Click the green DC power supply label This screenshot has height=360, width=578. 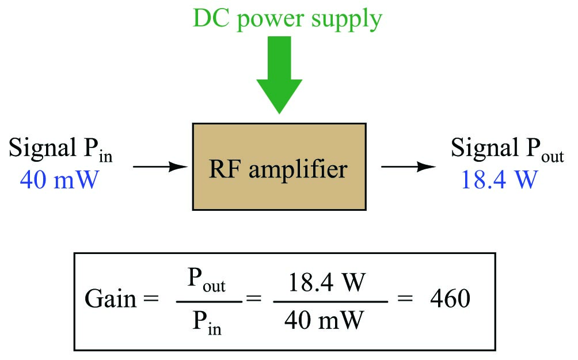tap(287, 20)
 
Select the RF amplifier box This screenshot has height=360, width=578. tap(279, 167)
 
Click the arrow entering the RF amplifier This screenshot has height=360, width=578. tap(162, 167)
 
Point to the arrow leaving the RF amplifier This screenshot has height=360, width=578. tap(408, 167)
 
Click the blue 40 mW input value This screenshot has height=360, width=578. tap(59, 180)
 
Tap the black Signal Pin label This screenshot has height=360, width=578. tap(60, 151)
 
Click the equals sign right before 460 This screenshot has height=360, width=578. tap(407, 300)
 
